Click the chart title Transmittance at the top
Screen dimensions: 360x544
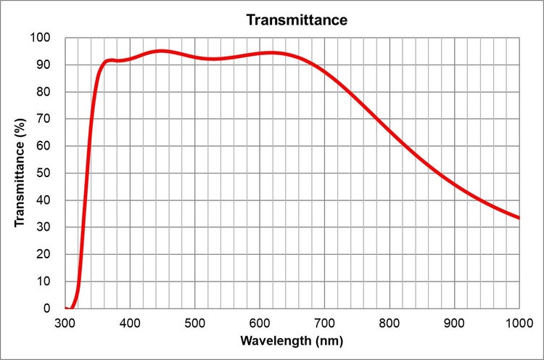coord(297,20)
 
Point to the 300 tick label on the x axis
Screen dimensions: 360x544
coord(65,322)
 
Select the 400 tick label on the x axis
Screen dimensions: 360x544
coord(130,322)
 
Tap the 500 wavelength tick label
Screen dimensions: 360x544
coord(195,322)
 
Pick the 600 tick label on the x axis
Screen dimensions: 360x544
coord(260,322)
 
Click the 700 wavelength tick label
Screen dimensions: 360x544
coord(325,322)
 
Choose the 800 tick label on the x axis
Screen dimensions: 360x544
coord(390,322)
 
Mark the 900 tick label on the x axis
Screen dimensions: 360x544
coord(455,322)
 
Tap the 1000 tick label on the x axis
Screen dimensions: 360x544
coord(518,322)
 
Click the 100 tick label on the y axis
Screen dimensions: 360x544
coord(43,38)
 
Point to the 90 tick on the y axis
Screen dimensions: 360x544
coord(46,65)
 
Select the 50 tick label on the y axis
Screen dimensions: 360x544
coord(46,173)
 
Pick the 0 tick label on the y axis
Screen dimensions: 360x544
coord(49,308)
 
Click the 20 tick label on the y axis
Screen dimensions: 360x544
coord(46,254)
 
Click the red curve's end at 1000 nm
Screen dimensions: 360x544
coord(519,218)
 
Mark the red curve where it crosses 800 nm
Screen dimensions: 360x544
coord(390,131)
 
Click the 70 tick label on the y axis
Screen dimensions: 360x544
coord(46,119)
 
